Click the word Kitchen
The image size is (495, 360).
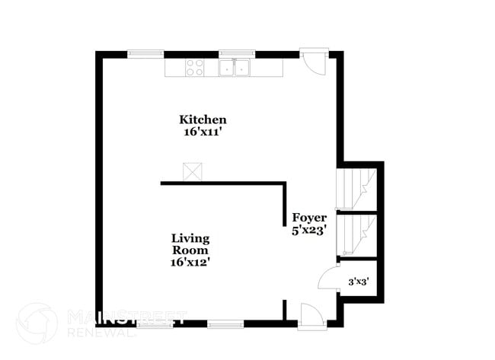click(203, 119)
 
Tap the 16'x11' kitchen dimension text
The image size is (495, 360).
click(203, 132)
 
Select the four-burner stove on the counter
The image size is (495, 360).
click(195, 68)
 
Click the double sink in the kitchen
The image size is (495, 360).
click(236, 68)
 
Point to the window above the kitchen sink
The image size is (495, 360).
click(236, 54)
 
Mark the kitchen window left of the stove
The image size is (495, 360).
click(145, 54)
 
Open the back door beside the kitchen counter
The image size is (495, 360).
click(312, 61)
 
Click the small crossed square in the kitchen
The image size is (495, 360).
click(191, 172)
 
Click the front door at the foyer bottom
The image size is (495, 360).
click(311, 316)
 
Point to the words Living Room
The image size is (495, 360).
click(190, 244)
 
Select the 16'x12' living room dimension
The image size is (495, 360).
click(190, 262)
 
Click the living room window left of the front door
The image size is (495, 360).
click(225, 323)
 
